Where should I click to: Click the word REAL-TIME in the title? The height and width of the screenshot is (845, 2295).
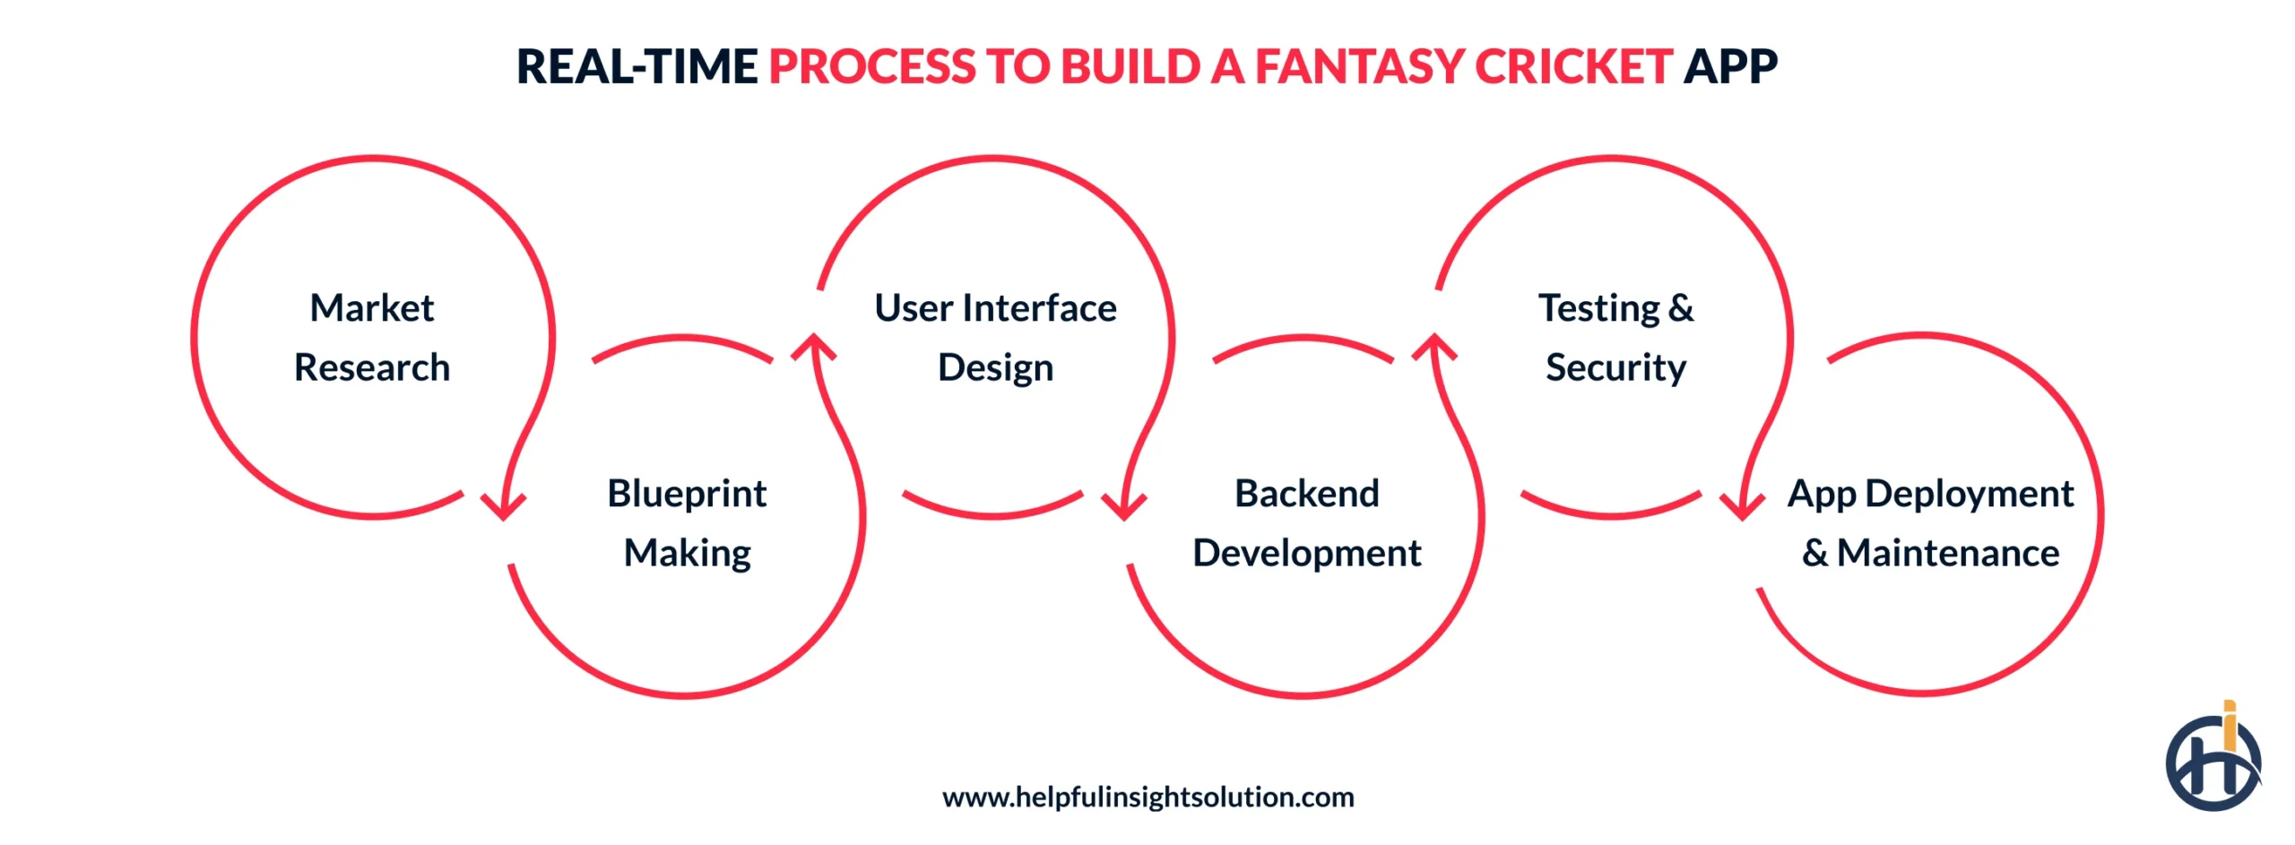[x=637, y=66]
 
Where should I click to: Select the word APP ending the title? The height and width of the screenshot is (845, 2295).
[x=1729, y=66]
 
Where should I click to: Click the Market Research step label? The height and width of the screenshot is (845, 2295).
[x=371, y=338]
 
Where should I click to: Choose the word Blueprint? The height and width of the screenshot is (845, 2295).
[x=687, y=494]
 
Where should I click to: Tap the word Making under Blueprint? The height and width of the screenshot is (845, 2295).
[x=687, y=553]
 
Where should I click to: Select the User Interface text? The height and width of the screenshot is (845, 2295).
[x=995, y=308]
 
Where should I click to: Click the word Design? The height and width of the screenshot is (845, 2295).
[x=995, y=368]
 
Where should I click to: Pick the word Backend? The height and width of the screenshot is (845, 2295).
[x=1306, y=494]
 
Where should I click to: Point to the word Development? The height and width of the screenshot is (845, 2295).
[x=1306, y=553]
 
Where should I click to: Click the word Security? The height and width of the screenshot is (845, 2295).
[x=1615, y=368]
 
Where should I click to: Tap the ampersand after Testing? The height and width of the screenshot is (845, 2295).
[x=1681, y=308]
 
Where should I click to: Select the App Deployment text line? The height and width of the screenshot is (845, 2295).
[x=1930, y=494]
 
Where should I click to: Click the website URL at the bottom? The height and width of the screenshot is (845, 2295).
[x=1147, y=797]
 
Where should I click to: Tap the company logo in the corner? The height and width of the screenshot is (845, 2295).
[x=2213, y=761]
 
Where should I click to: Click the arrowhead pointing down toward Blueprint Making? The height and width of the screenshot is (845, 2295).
[x=503, y=506]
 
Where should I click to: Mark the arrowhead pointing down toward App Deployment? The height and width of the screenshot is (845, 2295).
[x=1741, y=506]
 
